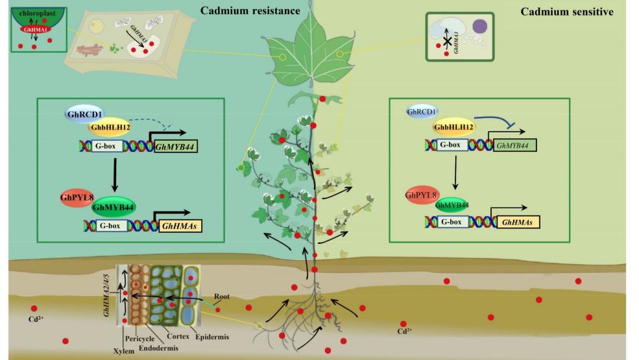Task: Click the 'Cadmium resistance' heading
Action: [x=241, y=10]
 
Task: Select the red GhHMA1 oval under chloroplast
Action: [x=30, y=29]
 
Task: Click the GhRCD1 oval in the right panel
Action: [x=423, y=112]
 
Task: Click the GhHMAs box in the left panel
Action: [x=179, y=226]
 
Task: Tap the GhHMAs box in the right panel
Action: [x=519, y=221]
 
